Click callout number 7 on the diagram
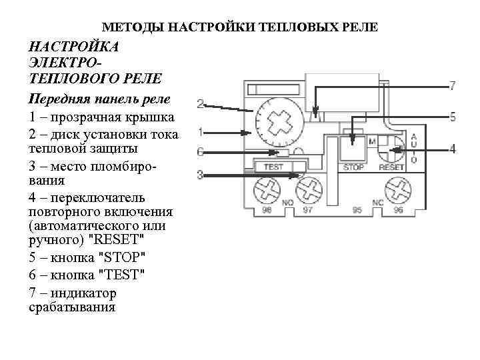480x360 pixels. point(453,86)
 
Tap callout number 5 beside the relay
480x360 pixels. point(453,117)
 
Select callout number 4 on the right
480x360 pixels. point(453,148)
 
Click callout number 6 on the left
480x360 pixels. point(200,151)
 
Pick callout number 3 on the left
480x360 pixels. point(200,175)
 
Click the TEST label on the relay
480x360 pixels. point(274,167)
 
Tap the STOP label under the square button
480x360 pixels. point(353,167)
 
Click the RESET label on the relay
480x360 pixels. point(391,167)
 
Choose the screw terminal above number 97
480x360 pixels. point(307,189)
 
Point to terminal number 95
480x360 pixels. point(357,210)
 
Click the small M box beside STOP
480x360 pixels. point(371,141)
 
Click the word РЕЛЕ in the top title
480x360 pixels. point(363,28)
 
